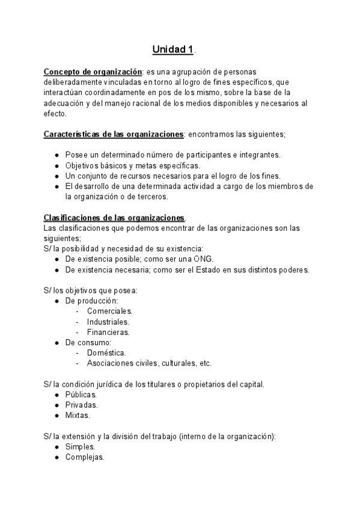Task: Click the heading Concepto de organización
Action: [x=93, y=72]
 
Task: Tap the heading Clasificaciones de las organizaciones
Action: [x=114, y=217]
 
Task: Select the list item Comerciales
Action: [x=109, y=311]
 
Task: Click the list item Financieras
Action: [x=108, y=332]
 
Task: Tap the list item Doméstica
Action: [x=106, y=352]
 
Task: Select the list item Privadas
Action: [x=81, y=405]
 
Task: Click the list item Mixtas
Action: [x=78, y=415]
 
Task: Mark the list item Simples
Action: [x=80, y=447]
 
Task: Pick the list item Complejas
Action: [x=85, y=457]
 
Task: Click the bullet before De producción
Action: [x=56, y=301]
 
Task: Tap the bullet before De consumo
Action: [x=56, y=342]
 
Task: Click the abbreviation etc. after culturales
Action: [x=206, y=363]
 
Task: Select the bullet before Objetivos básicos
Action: [x=56, y=165]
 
